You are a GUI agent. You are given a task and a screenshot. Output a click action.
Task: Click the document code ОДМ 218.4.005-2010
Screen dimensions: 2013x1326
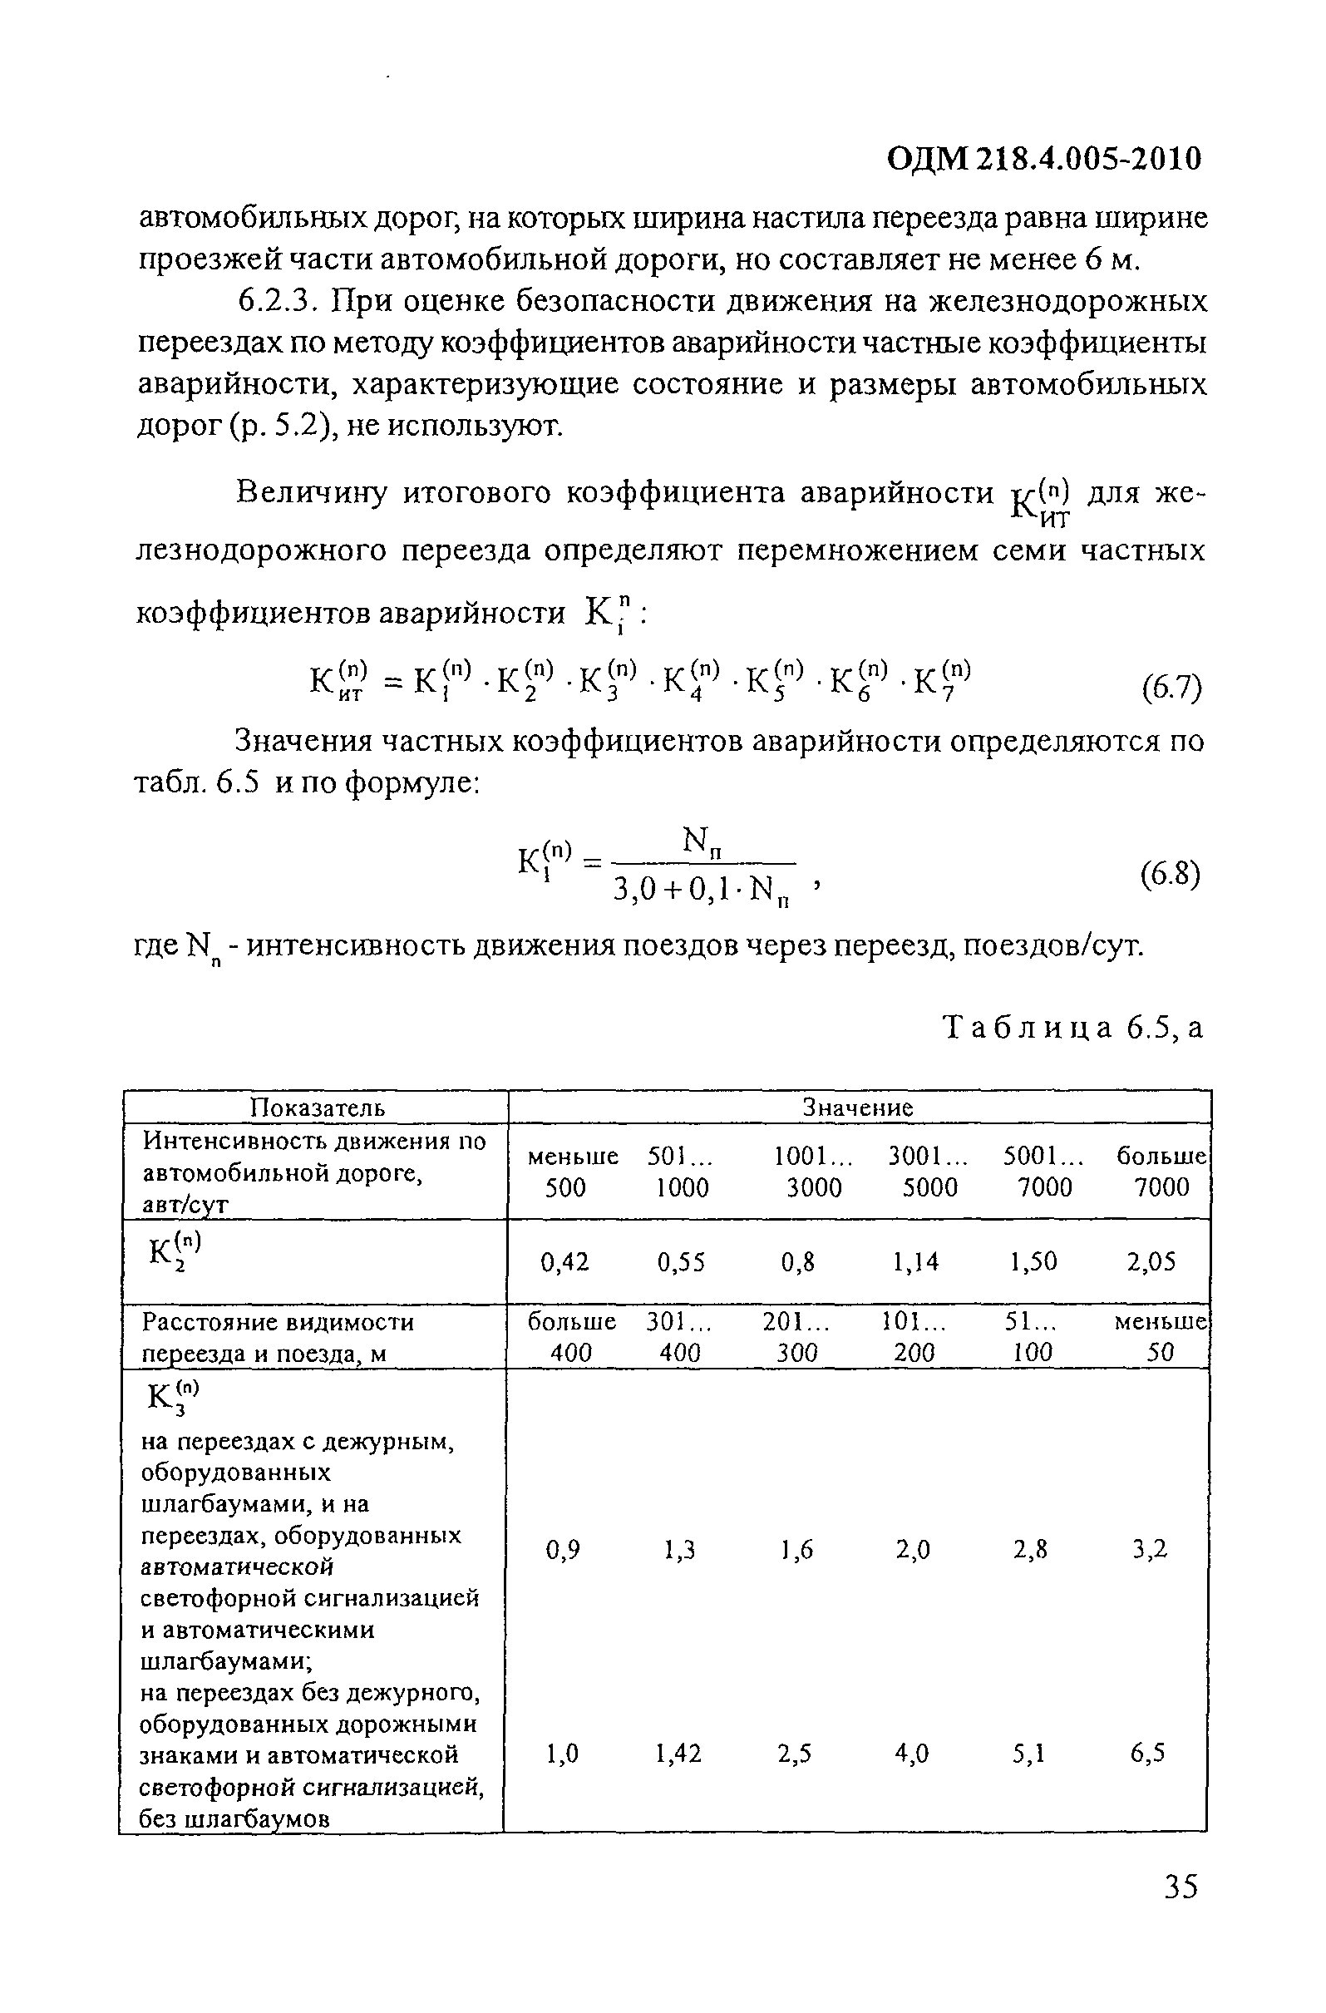point(1043,159)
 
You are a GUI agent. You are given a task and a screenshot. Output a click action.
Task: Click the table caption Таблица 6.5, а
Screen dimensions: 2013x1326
point(1072,1028)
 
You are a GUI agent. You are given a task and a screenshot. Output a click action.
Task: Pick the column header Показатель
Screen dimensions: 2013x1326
point(317,1108)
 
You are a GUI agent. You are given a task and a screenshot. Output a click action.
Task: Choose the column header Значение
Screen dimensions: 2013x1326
point(857,1108)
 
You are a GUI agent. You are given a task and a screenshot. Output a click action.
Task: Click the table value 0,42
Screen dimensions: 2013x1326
point(564,1263)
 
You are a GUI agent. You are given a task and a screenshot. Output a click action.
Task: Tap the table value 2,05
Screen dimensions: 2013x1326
point(1151,1263)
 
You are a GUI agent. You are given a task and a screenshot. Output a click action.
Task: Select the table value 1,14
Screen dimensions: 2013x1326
point(915,1263)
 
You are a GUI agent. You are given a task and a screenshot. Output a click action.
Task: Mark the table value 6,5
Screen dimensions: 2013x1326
point(1147,1754)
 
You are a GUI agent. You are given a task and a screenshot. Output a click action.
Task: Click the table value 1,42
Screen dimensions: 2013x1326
point(678,1754)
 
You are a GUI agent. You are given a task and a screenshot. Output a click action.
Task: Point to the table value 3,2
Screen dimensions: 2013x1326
point(1150,1550)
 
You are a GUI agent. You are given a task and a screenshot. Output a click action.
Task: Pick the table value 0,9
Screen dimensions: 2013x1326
point(563,1550)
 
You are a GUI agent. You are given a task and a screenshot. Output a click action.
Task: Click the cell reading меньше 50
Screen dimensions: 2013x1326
point(1161,1337)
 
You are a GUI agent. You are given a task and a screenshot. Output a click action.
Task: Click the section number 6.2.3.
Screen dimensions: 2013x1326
point(279,302)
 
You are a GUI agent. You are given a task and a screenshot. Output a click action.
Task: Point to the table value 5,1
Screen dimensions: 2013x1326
point(1029,1754)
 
